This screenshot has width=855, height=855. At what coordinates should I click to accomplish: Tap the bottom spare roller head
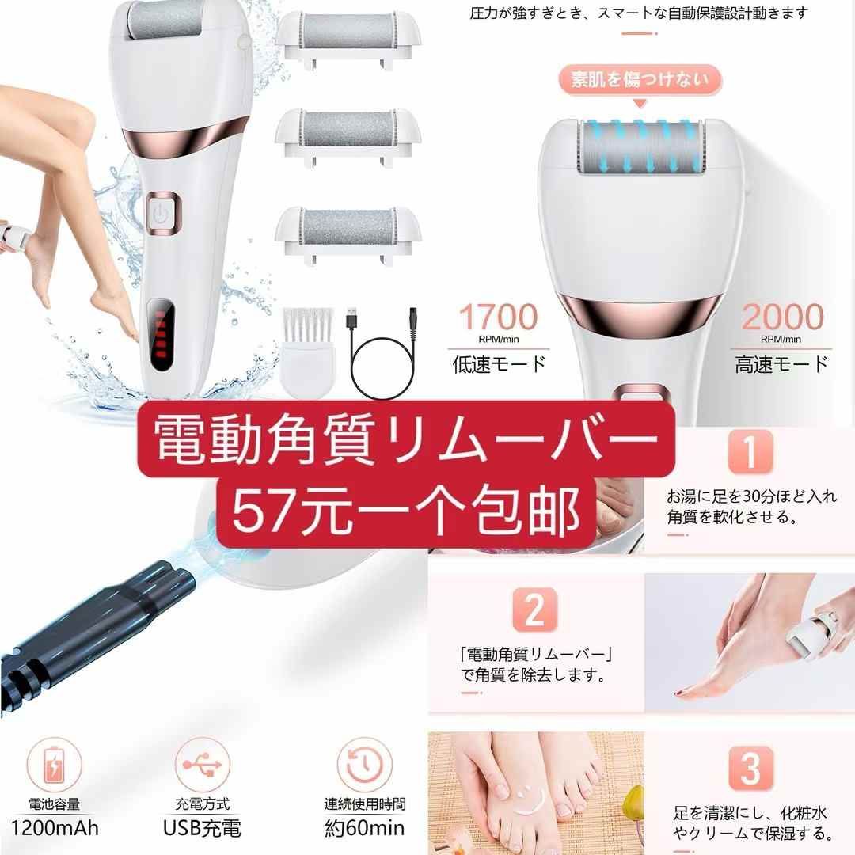point(348,230)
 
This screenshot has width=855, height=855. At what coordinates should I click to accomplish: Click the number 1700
point(499,318)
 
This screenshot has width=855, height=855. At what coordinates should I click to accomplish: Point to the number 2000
point(781,318)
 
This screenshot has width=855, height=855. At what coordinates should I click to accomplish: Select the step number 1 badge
point(750,454)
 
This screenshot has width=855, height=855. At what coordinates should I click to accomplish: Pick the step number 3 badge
point(750,767)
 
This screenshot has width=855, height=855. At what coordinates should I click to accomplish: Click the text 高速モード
point(781,364)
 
